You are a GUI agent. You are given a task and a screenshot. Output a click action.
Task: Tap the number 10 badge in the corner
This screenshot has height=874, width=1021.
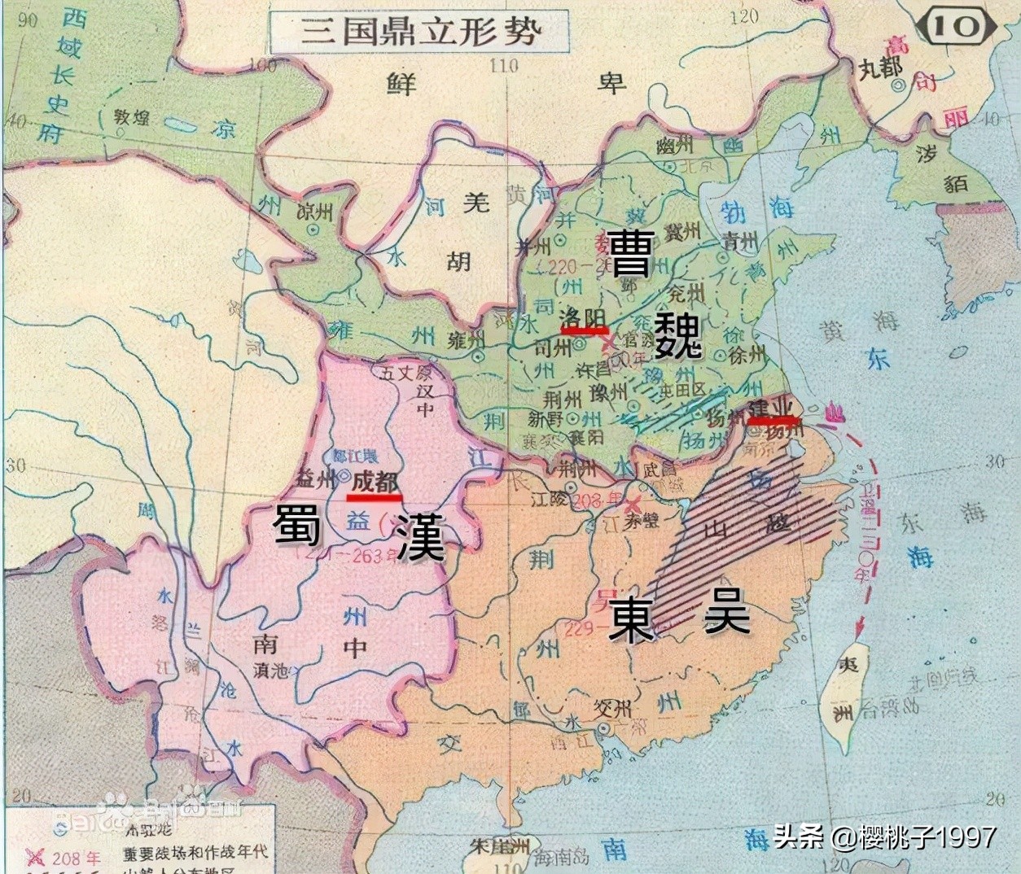pos(956,26)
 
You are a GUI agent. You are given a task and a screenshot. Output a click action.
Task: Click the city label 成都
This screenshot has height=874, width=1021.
pos(375,481)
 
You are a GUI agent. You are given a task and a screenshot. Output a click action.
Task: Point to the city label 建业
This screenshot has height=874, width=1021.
pos(770,406)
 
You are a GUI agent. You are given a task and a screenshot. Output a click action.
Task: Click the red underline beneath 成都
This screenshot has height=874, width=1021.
pos(375,496)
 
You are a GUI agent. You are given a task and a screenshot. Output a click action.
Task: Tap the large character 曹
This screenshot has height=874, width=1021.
pos(631,254)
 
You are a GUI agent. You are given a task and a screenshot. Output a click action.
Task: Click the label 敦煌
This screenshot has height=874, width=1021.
pos(130,119)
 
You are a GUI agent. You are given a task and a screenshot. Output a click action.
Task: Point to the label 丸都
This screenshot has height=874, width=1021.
pos(881,68)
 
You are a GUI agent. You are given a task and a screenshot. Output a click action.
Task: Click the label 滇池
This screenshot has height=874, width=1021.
pos(270,671)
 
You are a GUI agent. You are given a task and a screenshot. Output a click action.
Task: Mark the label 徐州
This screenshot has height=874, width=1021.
pos(747,354)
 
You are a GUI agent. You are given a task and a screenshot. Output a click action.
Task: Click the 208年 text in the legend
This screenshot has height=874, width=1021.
pos(77,858)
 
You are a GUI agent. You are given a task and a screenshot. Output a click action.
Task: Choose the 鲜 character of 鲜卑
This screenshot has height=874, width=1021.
pos(401,82)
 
